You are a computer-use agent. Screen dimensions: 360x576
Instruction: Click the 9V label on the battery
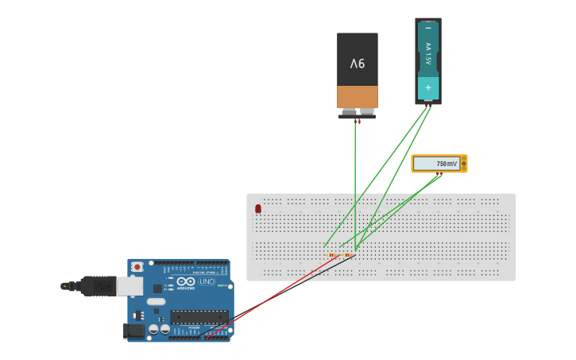click(x=358, y=63)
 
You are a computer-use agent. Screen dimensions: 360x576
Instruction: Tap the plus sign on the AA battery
click(x=428, y=87)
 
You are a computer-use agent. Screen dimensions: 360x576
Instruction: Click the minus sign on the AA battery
click(x=428, y=28)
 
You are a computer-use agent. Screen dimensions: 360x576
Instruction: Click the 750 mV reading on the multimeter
click(x=446, y=164)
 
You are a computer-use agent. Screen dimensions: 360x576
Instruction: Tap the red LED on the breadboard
click(x=258, y=209)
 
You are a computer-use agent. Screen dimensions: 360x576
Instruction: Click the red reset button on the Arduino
click(x=137, y=267)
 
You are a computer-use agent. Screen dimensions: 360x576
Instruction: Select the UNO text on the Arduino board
click(x=206, y=282)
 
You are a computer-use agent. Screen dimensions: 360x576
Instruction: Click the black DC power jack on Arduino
click(x=134, y=330)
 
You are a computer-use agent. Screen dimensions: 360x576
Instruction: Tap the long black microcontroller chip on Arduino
click(x=199, y=316)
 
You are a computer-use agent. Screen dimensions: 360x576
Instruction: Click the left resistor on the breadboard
click(x=334, y=255)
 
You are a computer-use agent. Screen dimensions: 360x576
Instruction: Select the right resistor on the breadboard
click(x=349, y=255)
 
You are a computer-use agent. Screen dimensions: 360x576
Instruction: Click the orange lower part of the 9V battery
click(x=358, y=97)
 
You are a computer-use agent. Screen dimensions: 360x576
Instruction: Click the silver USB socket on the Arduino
click(x=130, y=286)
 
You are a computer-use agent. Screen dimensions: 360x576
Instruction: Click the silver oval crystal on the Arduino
click(x=157, y=301)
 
